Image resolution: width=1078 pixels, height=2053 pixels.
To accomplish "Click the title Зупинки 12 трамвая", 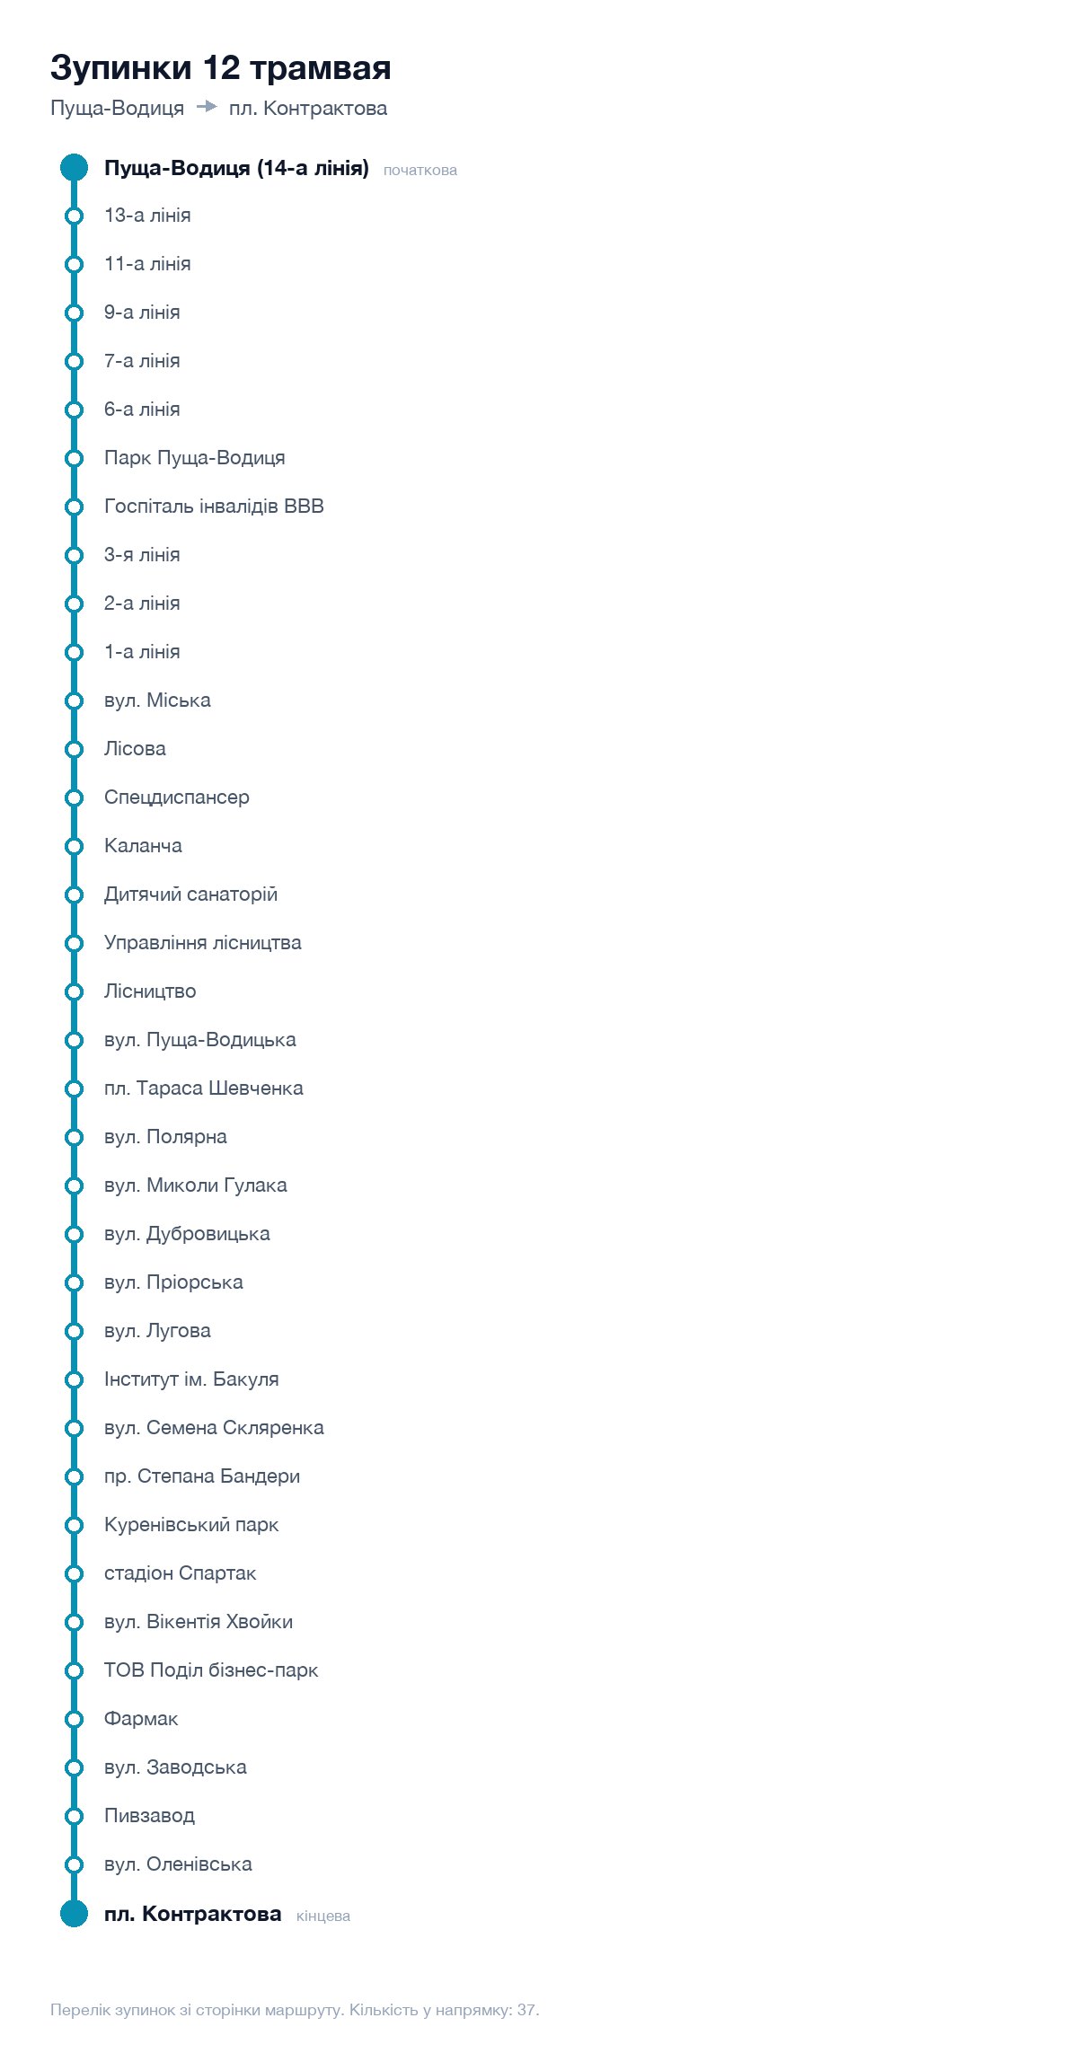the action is (x=220, y=68).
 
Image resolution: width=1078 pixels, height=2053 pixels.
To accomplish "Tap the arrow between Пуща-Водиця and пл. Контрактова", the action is (x=207, y=107).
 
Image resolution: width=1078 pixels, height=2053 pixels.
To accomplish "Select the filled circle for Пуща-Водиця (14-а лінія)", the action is (x=74, y=167).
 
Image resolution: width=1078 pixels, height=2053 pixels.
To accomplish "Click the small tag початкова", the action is (x=420, y=171).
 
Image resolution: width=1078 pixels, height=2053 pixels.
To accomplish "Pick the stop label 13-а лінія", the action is (x=147, y=216).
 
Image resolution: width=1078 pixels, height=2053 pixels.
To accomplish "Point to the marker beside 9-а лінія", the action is (x=74, y=313).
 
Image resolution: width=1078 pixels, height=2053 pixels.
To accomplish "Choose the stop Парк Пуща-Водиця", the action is (x=195, y=458).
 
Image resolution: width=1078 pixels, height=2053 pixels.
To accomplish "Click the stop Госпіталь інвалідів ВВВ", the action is (x=214, y=507).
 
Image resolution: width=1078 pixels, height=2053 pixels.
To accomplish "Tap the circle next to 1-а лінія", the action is (x=74, y=652).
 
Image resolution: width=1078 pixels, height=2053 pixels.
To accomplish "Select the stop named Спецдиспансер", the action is (x=177, y=797).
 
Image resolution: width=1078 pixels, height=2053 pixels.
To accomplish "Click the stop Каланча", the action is (x=143, y=846).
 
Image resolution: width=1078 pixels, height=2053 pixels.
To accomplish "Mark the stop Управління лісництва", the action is (x=203, y=943).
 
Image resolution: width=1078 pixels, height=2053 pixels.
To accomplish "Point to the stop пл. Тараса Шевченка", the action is (x=204, y=1088).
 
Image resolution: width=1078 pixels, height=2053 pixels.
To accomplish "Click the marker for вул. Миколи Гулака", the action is (x=74, y=1185).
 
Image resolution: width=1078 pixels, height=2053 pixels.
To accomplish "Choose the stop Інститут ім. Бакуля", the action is (x=191, y=1379).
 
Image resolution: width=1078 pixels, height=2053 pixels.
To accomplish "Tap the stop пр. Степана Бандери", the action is (x=202, y=1476).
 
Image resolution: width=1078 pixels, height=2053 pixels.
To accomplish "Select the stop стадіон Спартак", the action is (x=181, y=1573).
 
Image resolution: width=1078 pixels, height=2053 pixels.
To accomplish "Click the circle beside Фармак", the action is (x=74, y=1719).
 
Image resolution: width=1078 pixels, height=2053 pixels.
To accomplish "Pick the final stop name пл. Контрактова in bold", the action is (x=193, y=1914).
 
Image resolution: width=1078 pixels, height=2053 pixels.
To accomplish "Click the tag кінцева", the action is (x=323, y=1916).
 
